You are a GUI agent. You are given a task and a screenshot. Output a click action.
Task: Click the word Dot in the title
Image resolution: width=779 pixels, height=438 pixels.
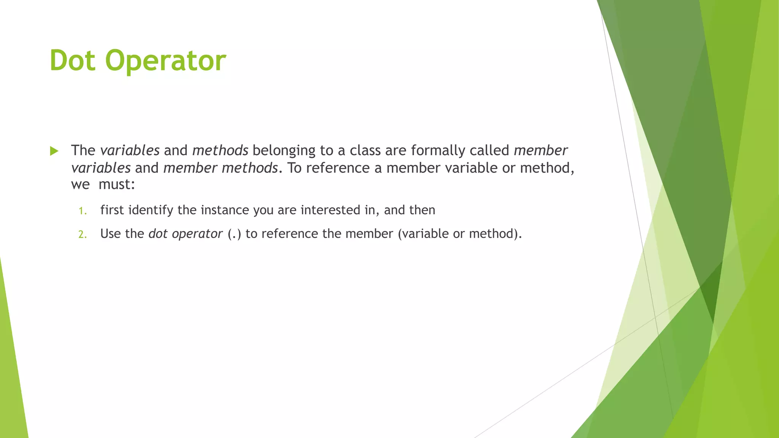pos(72,60)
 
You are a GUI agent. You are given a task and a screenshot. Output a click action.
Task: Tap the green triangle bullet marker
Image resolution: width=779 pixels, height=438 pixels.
pos(54,151)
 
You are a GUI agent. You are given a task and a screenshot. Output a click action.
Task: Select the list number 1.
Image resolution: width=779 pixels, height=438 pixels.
pos(83,211)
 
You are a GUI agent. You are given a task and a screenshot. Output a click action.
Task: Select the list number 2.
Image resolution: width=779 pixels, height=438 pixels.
pos(83,235)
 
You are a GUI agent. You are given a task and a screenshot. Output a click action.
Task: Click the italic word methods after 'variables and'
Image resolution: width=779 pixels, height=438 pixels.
pos(220,151)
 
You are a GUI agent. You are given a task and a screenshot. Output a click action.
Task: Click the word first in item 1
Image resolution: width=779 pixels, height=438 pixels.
pos(112,210)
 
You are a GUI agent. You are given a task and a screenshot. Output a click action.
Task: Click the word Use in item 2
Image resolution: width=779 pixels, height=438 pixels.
pos(111,233)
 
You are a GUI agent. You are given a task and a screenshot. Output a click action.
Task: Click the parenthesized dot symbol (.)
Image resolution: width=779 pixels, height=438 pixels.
pos(234,234)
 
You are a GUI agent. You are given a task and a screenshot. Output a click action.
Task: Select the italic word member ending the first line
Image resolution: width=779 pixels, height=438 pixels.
pos(541,151)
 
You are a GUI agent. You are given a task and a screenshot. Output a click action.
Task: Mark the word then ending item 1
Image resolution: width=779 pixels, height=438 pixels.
pos(422,210)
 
